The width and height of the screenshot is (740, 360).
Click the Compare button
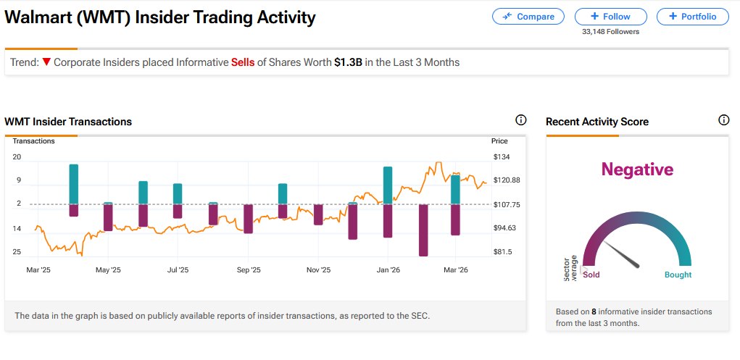pos(528,16)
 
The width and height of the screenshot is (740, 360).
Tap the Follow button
pos(610,16)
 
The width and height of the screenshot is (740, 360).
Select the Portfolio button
pos(692,16)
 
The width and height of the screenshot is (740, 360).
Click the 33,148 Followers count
pos(610,31)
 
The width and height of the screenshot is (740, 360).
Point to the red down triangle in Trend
pos(46,62)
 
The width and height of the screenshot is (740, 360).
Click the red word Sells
pos(243,62)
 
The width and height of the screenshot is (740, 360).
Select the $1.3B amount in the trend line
pos(347,62)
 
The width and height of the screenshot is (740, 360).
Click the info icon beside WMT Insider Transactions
pos(520,120)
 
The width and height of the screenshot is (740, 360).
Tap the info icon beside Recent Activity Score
pos(723,120)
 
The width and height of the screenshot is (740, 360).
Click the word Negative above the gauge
pos(637,169)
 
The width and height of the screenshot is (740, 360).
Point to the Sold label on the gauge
pos(591,275)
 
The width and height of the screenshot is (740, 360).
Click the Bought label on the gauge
pos(678,275)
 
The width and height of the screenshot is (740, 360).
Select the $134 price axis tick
pos(501,157)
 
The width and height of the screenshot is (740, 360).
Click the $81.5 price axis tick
pos(502,252)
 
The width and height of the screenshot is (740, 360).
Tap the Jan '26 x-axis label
pos(388,270)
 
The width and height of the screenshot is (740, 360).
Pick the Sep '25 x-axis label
pos(249,270)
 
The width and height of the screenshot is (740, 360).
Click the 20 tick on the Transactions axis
pos(17,157)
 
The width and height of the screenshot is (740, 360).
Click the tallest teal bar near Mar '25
pos(73,184)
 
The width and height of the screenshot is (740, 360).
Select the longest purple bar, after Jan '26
pos(423,230)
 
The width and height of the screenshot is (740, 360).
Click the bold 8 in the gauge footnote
pos(594,311)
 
